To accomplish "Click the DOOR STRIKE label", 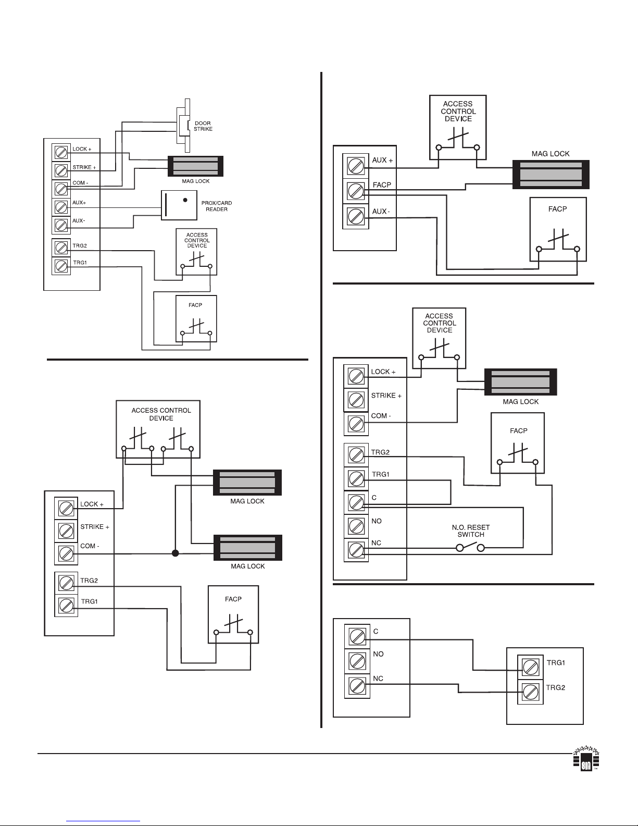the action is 203,126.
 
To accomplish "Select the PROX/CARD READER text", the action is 217,206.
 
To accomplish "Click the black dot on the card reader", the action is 185,200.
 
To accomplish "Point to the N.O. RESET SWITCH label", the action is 470,531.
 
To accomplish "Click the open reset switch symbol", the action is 470,547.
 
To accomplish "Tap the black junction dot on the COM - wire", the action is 175,553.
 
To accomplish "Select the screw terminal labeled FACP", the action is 356,191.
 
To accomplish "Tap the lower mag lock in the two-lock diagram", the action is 247,548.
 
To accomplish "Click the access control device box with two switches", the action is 158,429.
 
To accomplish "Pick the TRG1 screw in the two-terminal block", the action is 530,667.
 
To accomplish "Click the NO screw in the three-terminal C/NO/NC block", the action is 357,661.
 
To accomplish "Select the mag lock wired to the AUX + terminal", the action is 551,175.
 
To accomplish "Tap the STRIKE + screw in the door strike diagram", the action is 61,171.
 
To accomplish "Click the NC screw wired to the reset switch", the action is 356,550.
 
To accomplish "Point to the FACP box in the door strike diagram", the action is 196,318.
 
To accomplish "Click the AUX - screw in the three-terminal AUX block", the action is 356,217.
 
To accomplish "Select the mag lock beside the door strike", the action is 196,166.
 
